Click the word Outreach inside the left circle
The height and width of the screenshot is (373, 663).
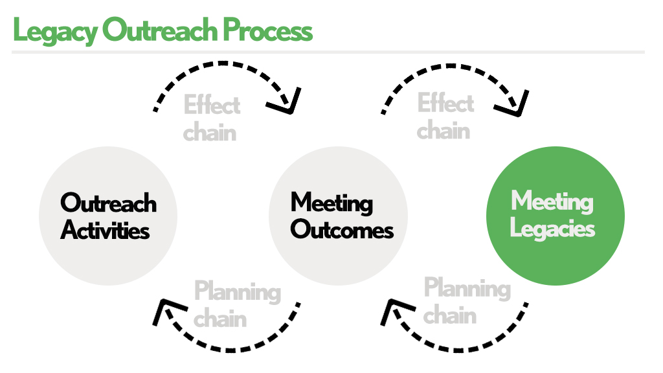tap(109, 203)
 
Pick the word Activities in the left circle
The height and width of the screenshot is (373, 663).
tap(106, 230)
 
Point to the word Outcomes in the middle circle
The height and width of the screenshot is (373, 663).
tap(342, 230)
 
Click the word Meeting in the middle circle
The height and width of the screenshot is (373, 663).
tap(331, 203)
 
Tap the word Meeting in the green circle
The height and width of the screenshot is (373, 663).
tap(552, 201)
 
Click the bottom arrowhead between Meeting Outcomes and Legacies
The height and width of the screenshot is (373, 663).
tap(392, 311)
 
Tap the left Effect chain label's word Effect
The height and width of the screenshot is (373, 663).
tap(212, 105)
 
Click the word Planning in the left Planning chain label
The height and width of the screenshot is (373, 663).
tap(238, 292)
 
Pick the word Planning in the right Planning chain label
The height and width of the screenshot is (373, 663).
tap(467, 289)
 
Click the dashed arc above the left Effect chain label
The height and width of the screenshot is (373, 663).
tap(220, 65)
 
